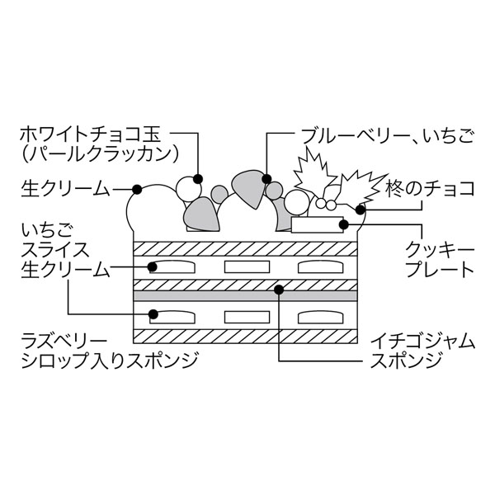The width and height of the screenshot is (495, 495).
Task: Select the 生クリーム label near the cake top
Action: coord(65,189)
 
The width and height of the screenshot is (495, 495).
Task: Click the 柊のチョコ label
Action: coord(430,189)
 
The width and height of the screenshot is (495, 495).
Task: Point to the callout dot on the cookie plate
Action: coord(344,222)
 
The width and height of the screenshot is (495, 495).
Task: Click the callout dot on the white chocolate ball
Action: coord(197,177)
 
